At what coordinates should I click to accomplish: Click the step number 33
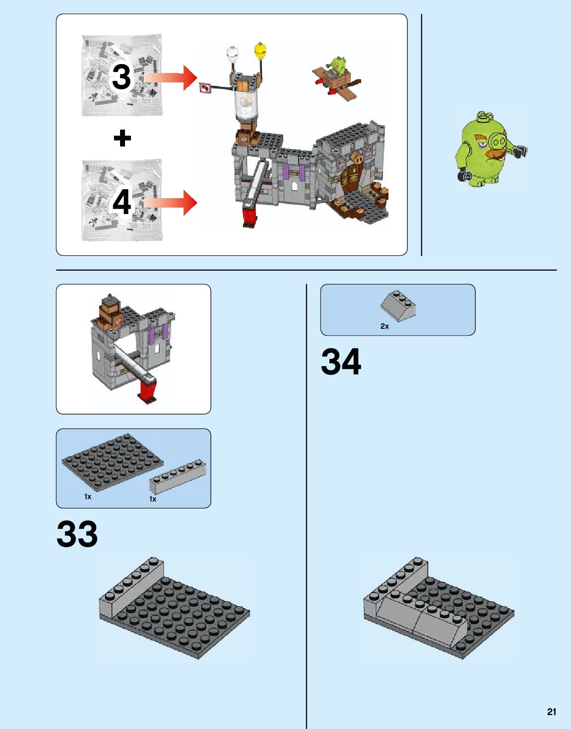point(77,534)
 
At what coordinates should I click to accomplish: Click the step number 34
point(341,362)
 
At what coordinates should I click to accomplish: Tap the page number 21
point(551,712)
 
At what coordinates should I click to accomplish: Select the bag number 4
point(122,202)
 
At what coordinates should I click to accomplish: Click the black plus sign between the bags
point(122,138)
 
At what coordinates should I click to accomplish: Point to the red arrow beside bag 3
point(171,77)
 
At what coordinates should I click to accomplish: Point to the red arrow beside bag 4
point(171,203)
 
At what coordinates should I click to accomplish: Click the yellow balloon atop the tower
point(260,50)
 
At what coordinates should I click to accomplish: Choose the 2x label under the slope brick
point(384,326)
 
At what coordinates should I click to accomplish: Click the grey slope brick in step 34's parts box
point(398,305)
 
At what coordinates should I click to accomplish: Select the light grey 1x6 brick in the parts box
point(178,476)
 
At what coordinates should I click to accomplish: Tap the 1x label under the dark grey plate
point(88,497)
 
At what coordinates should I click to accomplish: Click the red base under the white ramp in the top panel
point(250,217)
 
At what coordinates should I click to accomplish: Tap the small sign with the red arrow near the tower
point(205,88)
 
